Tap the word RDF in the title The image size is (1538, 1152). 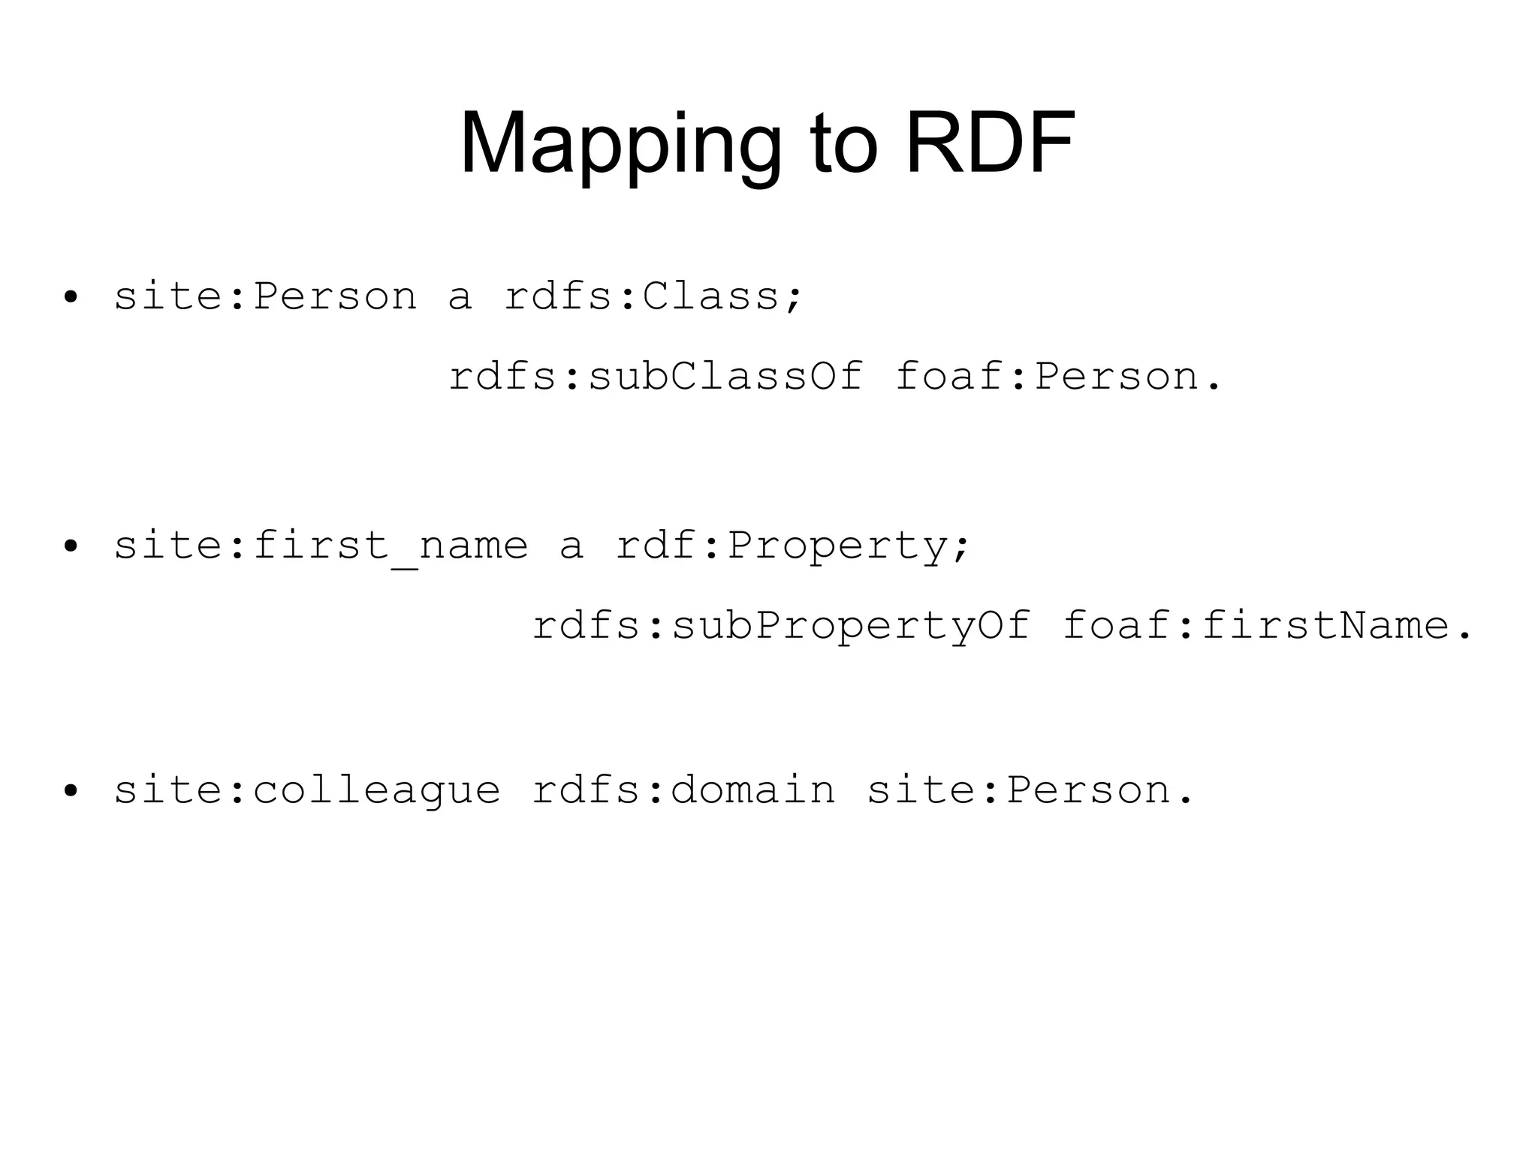(x=991, y=143)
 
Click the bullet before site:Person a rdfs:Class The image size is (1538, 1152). (x=71, y=297)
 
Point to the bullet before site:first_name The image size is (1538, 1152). (x=71, y=546)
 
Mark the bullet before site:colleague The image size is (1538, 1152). (x=71, y=791)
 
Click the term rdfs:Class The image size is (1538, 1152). (x=642, y=296)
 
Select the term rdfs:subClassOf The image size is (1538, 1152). (x=656, y=376)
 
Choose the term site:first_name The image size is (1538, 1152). (x=321, y=546)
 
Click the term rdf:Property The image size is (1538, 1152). (x=782, y=546)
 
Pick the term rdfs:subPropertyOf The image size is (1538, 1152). (x=781, y=625)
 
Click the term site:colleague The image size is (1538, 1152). (x=306, y=790)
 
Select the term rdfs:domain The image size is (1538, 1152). (x=683, y=790)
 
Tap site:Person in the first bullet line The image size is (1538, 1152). (x=265, y=296)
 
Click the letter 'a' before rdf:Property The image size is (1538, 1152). (x=571, y=546)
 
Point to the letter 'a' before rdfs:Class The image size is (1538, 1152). (x=460, y=297)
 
